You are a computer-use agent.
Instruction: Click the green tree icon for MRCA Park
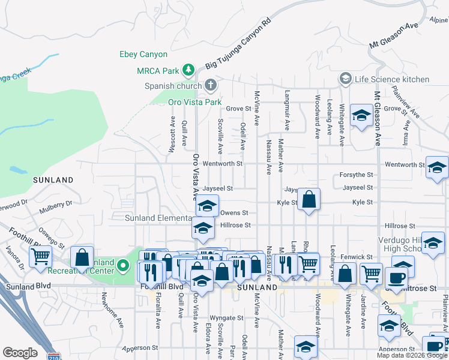188,70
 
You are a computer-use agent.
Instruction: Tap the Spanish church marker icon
210,85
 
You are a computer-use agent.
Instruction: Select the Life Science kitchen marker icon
345,79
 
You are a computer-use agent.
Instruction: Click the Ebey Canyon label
144,55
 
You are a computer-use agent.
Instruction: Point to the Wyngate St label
226,318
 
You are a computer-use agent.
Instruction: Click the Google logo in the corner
20,353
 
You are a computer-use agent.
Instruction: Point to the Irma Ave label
407,134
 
